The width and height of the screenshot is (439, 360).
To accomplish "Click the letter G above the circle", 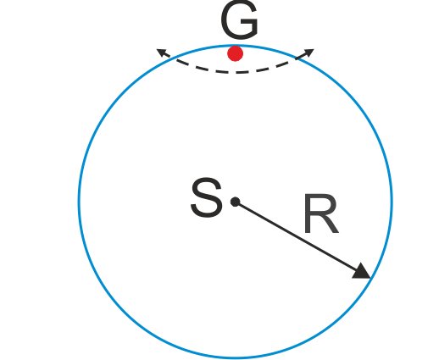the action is (239, 19).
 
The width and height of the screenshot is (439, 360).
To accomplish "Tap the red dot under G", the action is (236, 53).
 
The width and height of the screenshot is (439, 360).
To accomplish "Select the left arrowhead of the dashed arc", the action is (161, 53).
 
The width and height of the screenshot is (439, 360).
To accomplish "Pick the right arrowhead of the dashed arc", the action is (308, 53).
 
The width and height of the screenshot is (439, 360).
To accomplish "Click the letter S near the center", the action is (207, 197).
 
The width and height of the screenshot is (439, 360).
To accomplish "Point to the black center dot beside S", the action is (236, 202).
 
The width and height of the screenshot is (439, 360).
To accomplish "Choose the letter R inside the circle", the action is (321, 213).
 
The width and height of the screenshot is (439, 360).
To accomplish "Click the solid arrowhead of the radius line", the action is (362, 272).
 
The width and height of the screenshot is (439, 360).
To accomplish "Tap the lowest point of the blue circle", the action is (236, 357).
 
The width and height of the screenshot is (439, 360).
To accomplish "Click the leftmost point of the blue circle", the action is (79, 202).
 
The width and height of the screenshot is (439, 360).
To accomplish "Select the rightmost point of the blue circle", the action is (392, 202).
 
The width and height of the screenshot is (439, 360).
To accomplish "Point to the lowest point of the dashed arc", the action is (236, 73).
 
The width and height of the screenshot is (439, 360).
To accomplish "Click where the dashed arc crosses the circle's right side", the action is (297, 58).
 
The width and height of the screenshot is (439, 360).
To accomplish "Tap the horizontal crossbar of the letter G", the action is (248, 22).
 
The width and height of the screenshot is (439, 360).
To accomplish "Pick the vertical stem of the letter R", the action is (308, 213).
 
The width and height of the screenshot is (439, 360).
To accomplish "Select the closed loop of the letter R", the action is (323, 205).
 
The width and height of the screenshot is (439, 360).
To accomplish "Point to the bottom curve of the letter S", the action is (207, 213).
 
